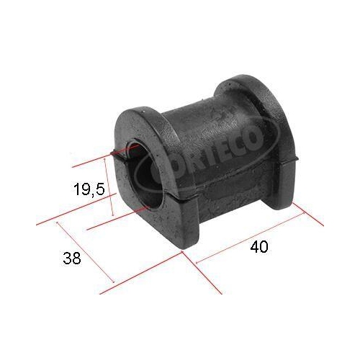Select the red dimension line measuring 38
86,253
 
